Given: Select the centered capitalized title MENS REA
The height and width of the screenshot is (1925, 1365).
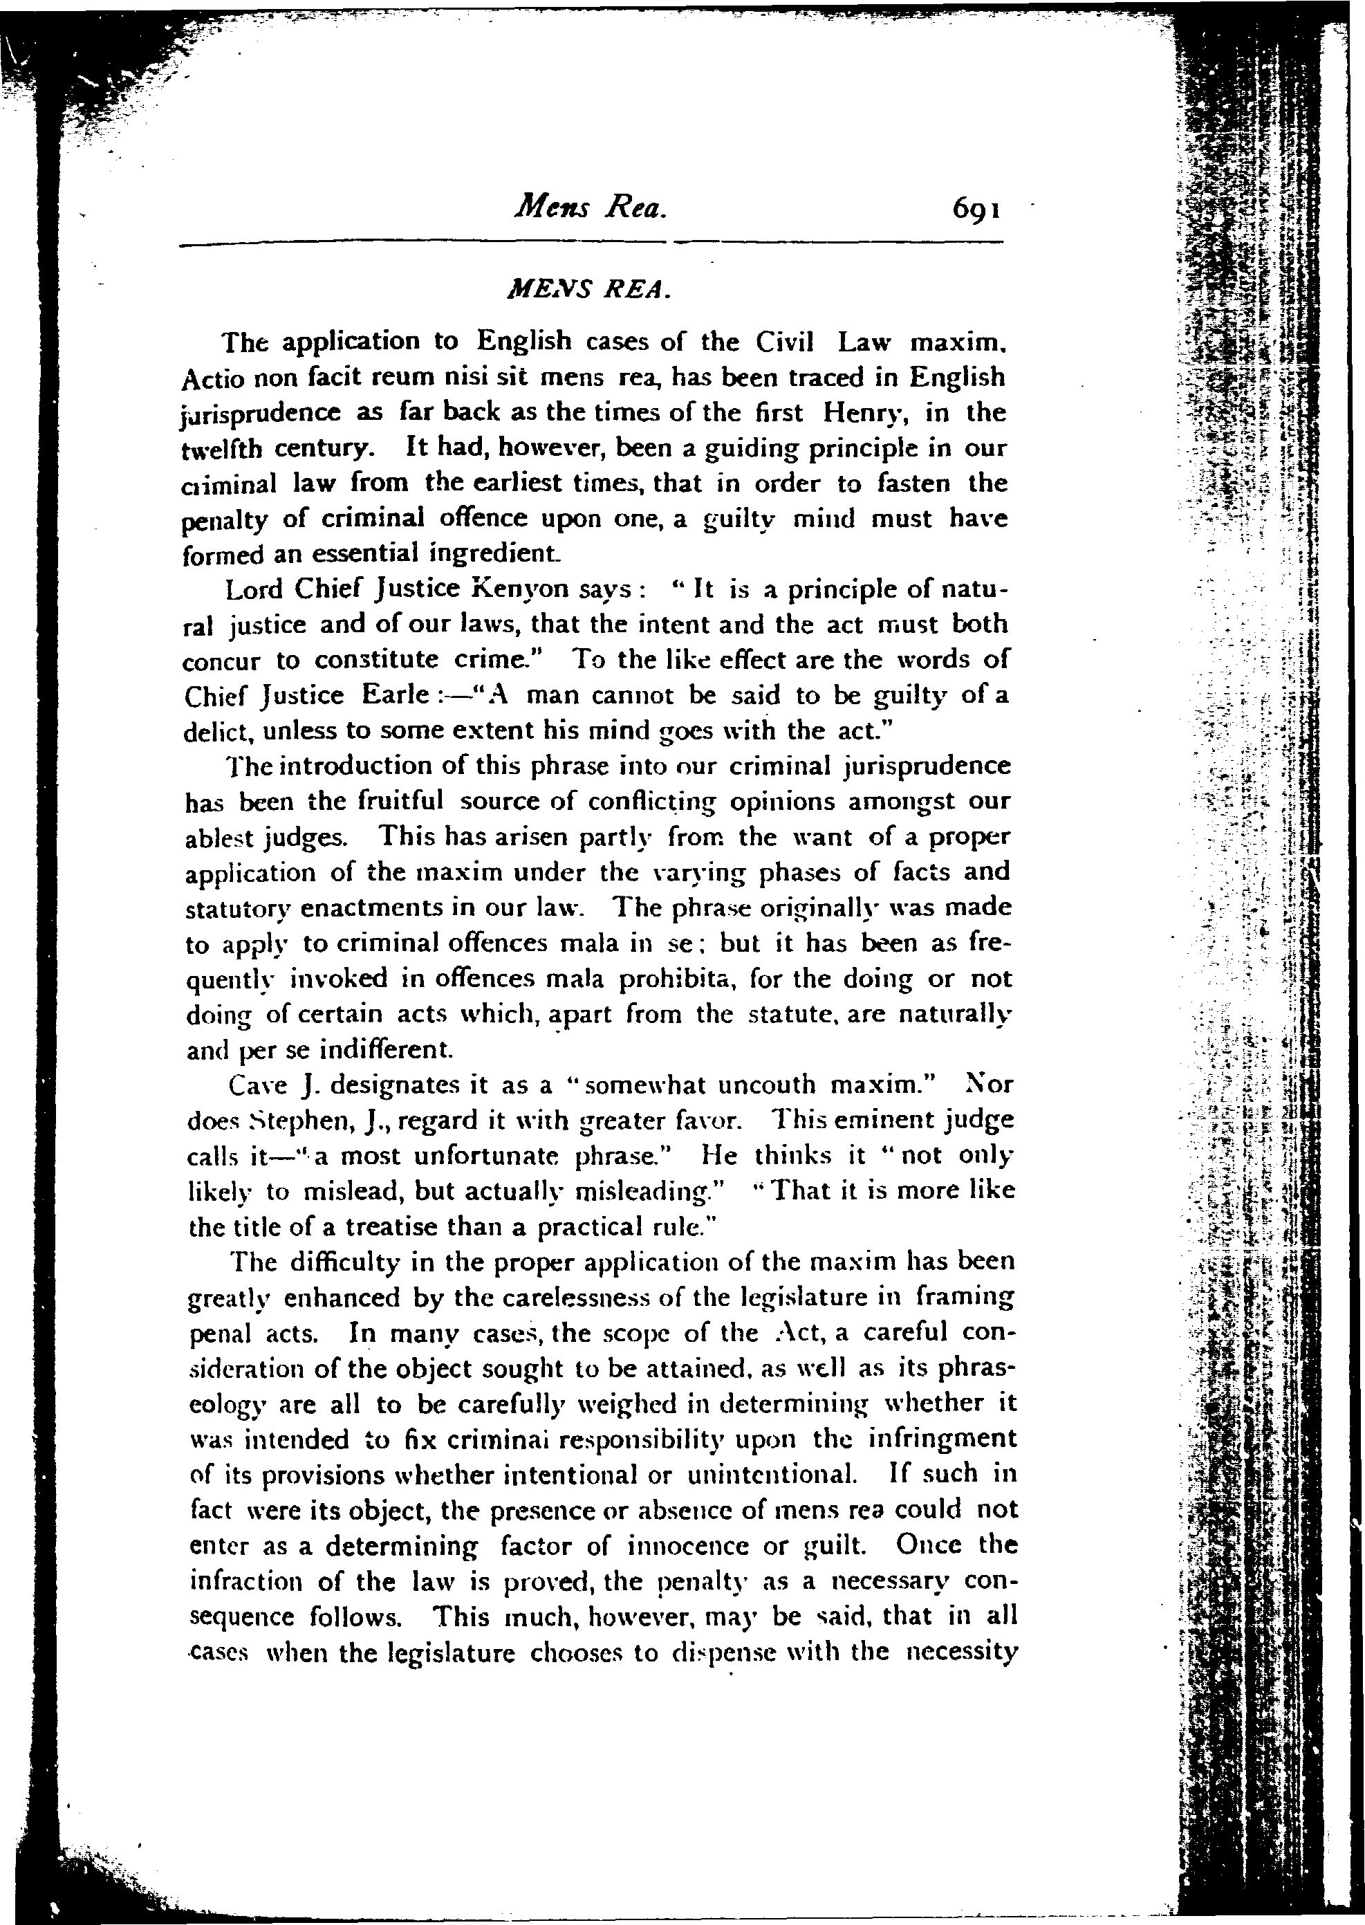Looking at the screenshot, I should coord(588,289).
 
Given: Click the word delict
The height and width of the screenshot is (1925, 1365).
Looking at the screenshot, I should coord(218,731).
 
